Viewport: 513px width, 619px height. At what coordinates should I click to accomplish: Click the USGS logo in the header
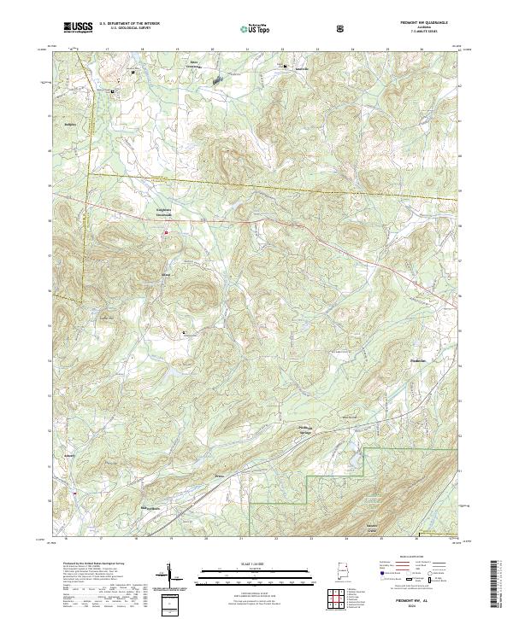point(79,28)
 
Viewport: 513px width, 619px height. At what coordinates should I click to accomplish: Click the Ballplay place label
point(71,123)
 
